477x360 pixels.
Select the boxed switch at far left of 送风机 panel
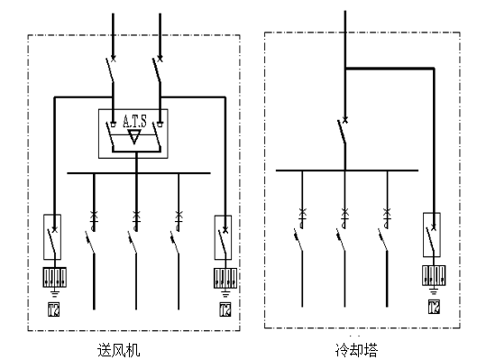(52, 237)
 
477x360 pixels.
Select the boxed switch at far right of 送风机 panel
(221, 237)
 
